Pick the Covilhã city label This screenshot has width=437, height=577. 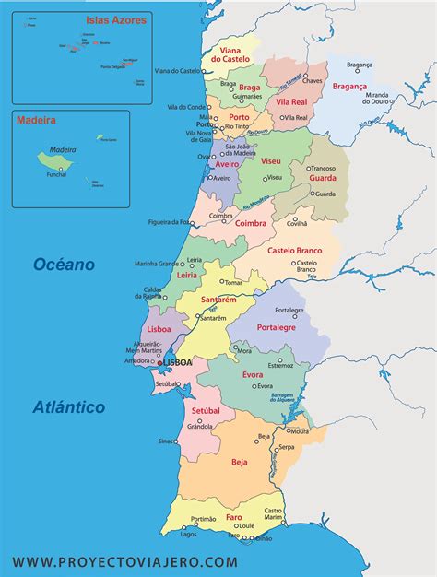coord(297,223)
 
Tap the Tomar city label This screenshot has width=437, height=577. coord(232,282)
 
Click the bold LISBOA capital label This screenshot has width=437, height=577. coord(177,363)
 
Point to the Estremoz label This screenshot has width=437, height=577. coord(280,365)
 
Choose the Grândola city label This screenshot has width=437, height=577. coord(200,427)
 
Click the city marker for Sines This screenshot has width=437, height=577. coord(177,442)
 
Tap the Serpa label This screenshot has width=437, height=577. coord(287,447)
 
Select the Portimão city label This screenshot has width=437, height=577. coord(203,518)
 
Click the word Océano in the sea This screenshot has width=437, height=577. coord(65,265)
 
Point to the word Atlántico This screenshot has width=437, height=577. coord(68,406)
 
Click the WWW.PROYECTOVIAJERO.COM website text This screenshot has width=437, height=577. coord(124,561)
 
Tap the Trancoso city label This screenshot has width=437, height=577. coord(322,168)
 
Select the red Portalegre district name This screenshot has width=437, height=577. coord(276,326)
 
